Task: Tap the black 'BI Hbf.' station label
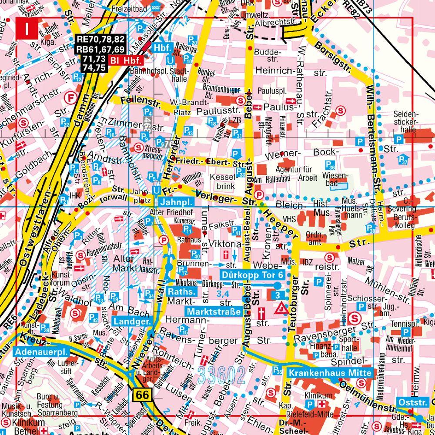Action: coord(123,60)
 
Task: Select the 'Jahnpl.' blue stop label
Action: coord(176,202)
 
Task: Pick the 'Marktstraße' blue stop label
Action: coord(214,311)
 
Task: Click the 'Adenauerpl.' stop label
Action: coord(36,351)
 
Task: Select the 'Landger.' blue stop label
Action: coord(132,321)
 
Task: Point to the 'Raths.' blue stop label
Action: coord(182,291)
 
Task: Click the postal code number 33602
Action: coord(222,374)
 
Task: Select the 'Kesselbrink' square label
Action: coord(223,182)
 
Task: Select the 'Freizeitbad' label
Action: coord(129,7)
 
